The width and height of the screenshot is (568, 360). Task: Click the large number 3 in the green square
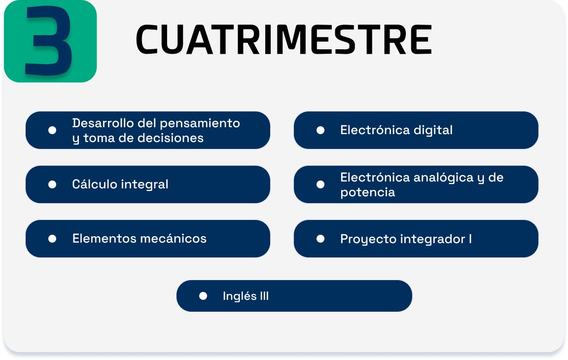click(48, 40)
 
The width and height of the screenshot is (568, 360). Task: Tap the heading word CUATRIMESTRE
click(284, 39)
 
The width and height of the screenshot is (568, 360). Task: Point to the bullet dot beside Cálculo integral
click(52, 184)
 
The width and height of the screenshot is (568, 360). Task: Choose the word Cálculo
click(95, 184)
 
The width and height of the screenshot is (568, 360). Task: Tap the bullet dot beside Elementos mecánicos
click(52, 239)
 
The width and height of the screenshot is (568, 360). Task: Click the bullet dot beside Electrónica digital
click(320, 130)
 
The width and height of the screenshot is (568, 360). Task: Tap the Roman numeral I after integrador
click(470, 239)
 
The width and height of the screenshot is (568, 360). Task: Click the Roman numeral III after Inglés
click(264, 296)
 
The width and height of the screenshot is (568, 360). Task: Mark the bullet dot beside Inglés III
click(203, 296)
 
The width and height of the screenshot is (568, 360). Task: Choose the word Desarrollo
click(103, 123)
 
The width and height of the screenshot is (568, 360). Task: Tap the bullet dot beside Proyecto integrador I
click(320, 239)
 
